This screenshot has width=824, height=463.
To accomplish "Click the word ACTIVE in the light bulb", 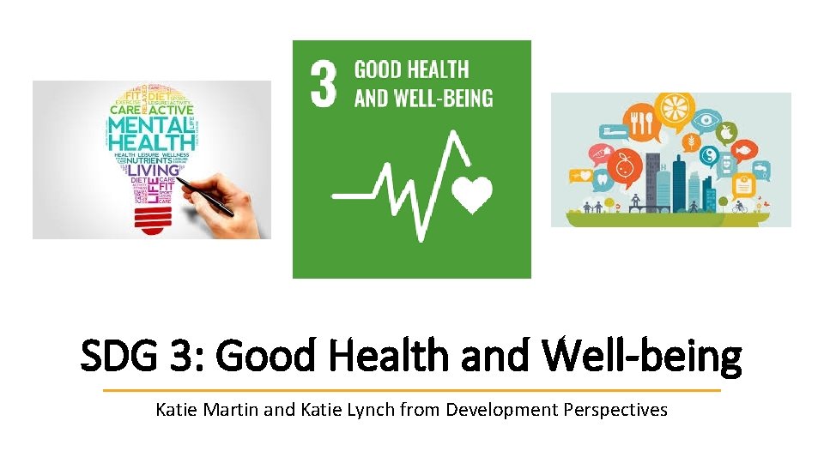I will [x=173, y=109].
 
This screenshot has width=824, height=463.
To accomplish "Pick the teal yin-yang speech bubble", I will [x=708, y=155].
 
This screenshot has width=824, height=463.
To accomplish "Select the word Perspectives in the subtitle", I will [x=615, y=410].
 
